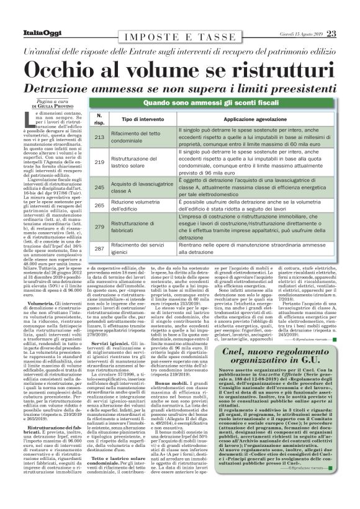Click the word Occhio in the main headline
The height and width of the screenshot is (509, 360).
point(61,66)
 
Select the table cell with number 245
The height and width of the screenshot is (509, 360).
point(99,186)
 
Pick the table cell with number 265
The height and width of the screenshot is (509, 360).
point(99,205)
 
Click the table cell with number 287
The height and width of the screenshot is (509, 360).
point(99,249)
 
